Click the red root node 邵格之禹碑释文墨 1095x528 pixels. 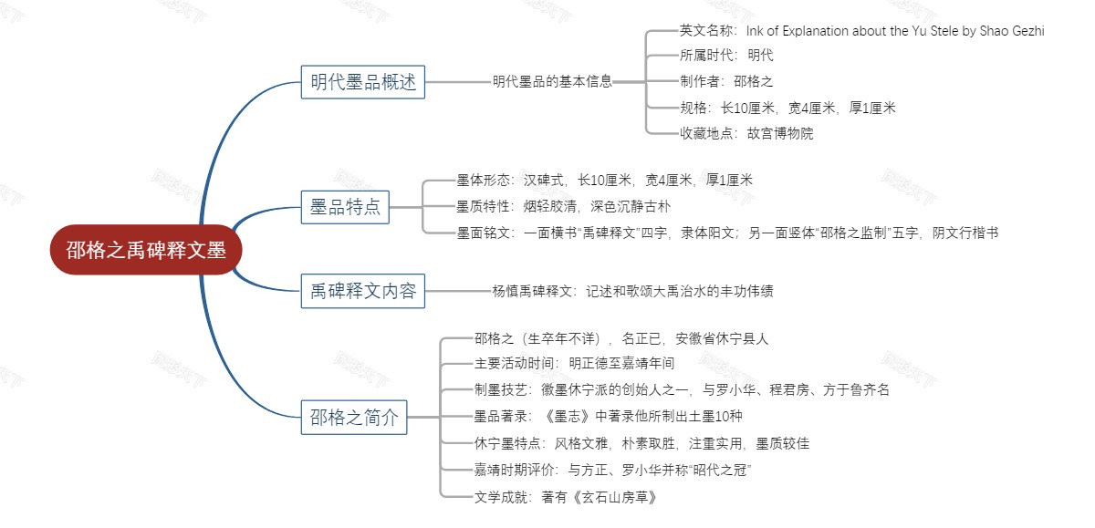tap(146, 250)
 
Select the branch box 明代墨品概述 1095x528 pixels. tap(362, 82)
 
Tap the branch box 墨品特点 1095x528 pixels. tap(345, 208)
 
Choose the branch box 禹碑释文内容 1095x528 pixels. tap(362, 291)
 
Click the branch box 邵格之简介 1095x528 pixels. tap(354, 418)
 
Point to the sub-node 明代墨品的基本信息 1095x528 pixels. tap(552, 81)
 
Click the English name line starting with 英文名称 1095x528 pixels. tap(861, 31)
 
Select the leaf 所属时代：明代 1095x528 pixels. tap(725, 56)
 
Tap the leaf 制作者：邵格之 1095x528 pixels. tap(725, 81)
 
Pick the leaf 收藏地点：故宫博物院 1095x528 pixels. tap(746, 133)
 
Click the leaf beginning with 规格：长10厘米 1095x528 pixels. tap(787, 108)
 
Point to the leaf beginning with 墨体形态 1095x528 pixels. tap(604, 181)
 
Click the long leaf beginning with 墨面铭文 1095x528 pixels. tap(726, 233)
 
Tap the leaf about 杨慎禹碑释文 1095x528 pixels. tap(632, 292)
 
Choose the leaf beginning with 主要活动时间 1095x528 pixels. tap(574, 363)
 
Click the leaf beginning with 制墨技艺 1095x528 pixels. tap(681, 389)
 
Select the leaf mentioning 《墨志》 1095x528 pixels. tap(608, 416)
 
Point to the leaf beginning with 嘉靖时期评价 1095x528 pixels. tap(612, 470)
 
